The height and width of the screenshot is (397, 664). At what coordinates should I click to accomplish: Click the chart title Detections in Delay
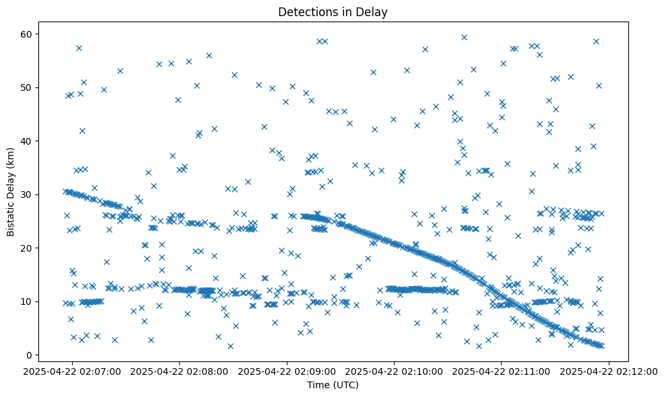(x=333, y=12)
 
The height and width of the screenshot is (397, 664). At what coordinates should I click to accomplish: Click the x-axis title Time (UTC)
(x=333, y=386)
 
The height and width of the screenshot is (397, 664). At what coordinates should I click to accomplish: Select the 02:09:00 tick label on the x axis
(x=288, y=371)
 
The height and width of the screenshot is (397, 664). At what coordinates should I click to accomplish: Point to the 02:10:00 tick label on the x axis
(x=395, y=371)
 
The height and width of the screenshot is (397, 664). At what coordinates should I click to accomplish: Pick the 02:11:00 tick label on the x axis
(x=502, y=371)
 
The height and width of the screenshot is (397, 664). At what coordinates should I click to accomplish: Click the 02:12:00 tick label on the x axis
(x=609, y=371)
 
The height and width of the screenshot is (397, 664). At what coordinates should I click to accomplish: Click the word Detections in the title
(x=306, y=12)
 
